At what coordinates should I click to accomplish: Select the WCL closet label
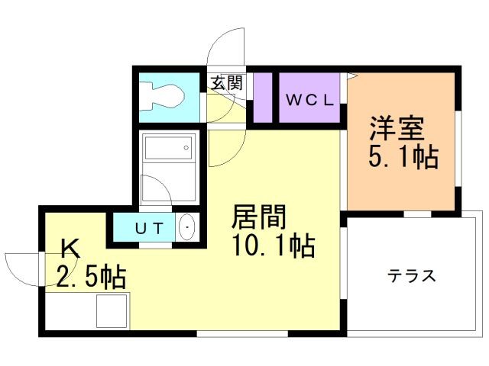310,99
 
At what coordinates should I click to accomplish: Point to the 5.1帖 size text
403,157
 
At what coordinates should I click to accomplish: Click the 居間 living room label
260,217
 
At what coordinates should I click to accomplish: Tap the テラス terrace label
411,275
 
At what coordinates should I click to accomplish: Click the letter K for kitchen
70,248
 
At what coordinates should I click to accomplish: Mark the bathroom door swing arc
157,191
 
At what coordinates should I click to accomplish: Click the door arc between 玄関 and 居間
226,149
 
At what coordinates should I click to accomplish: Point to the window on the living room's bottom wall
242,334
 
